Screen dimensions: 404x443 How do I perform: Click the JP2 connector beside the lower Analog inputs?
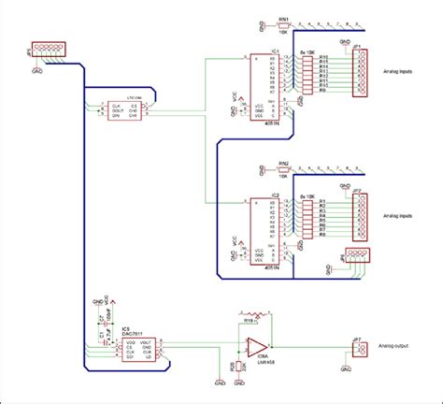click(357, 217)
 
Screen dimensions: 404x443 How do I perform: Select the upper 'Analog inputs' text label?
click(402, 70)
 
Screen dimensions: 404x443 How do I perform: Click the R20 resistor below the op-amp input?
click(221, 367)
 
